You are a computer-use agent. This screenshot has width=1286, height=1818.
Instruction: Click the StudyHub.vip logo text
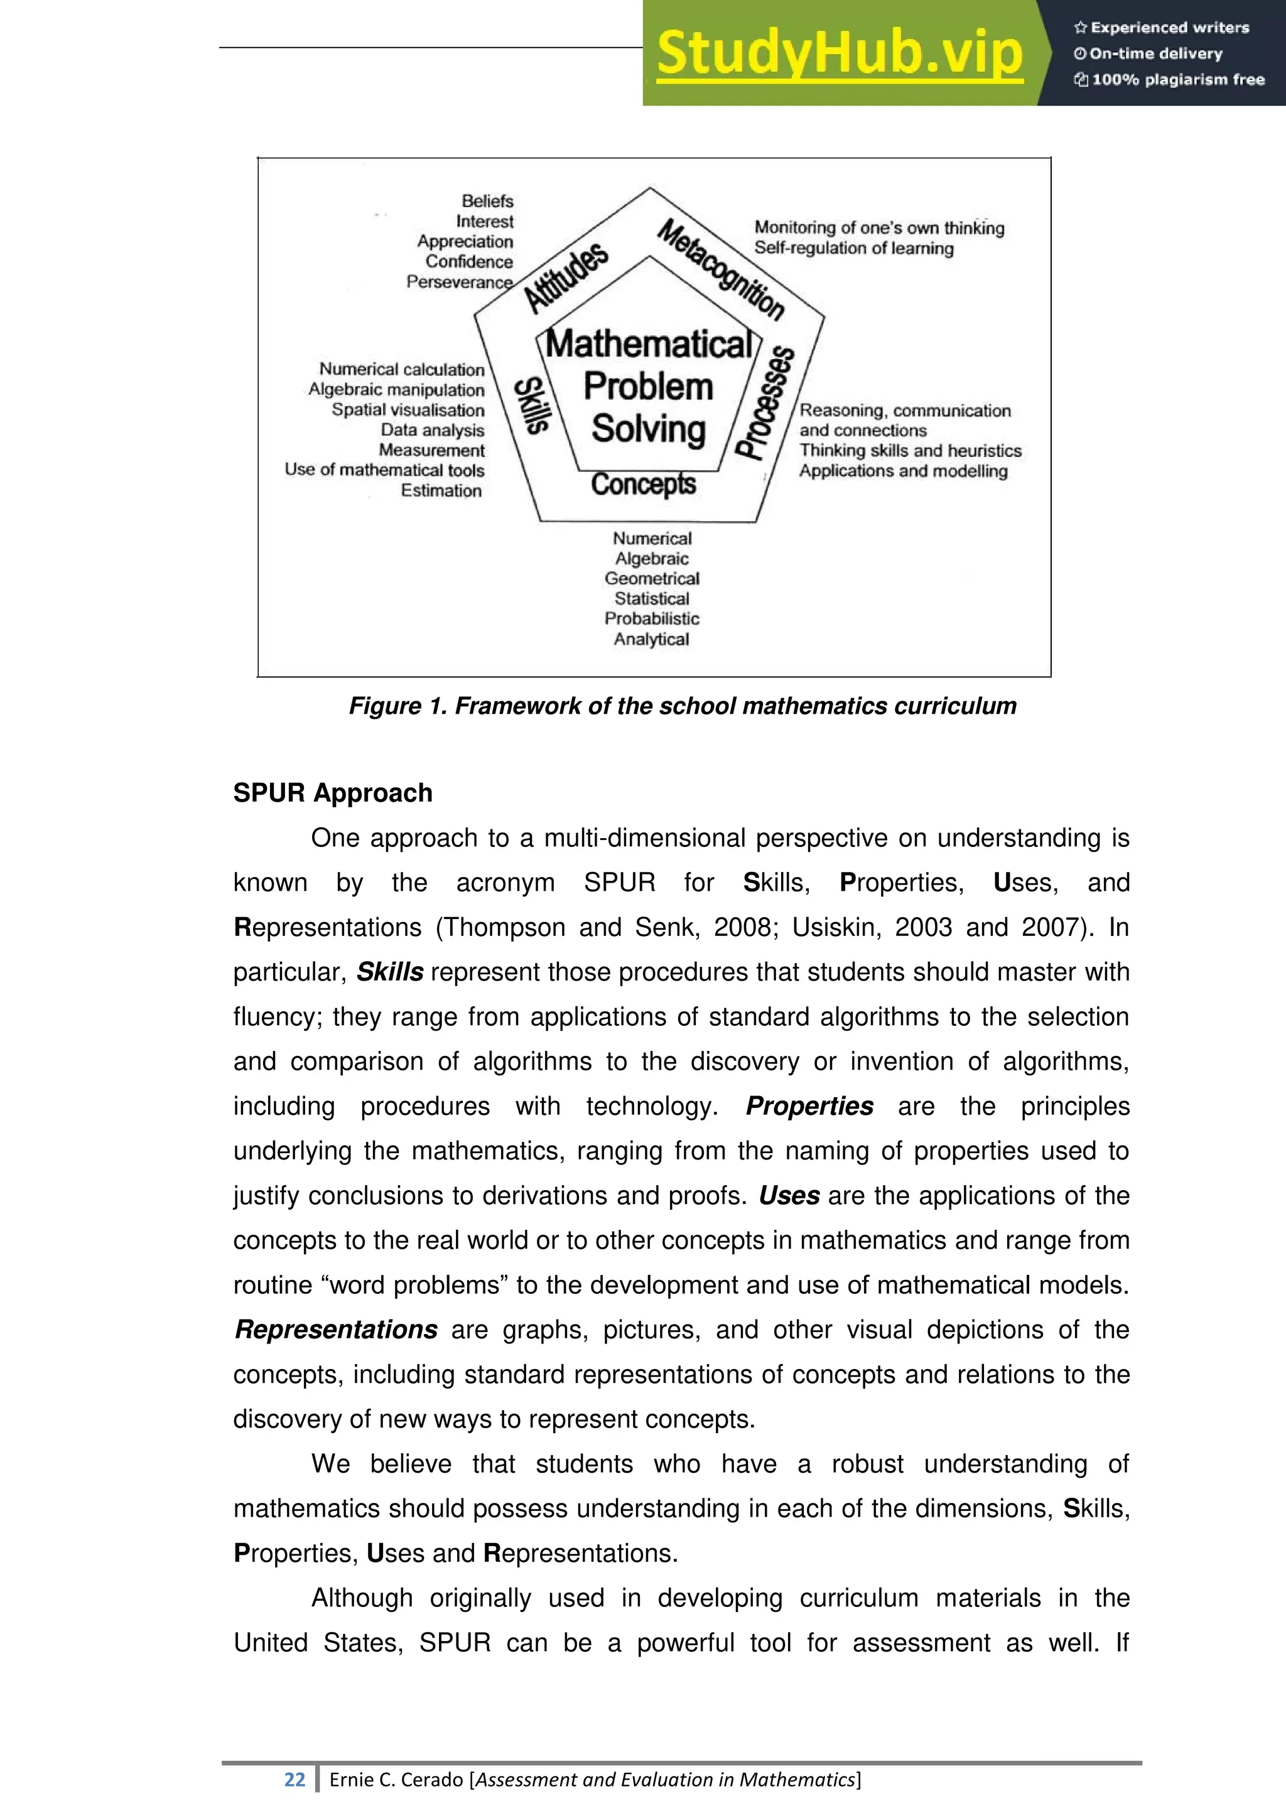point(840,54)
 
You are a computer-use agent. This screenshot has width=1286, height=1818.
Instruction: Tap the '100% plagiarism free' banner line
point(1170,79)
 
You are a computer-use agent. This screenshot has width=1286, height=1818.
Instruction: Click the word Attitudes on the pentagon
point(567,278)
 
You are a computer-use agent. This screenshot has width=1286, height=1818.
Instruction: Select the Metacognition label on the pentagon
point(721,269)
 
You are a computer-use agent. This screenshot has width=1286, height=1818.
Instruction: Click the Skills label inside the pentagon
point(531,406)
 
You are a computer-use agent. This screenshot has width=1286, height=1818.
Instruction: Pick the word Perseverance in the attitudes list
point(459,282)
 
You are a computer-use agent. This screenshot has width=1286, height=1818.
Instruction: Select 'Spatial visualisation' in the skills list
point(408,410)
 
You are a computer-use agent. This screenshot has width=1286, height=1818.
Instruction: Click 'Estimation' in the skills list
point(441,491)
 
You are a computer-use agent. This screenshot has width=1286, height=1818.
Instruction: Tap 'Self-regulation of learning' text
point(853,249)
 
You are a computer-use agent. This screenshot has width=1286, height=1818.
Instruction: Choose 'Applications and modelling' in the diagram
point(903,471)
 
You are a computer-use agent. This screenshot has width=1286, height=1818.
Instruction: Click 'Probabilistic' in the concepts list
point(652,619)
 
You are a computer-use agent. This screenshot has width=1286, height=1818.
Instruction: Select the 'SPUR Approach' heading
point(333,793)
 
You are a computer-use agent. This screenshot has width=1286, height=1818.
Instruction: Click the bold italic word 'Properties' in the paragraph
point(809,1106)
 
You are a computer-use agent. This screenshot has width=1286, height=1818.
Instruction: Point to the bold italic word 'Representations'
point(337,1330)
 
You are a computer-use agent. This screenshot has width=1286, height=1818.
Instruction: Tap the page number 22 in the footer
point(294,1779)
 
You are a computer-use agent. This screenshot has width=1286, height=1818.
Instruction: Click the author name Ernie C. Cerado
point(396,1780)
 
